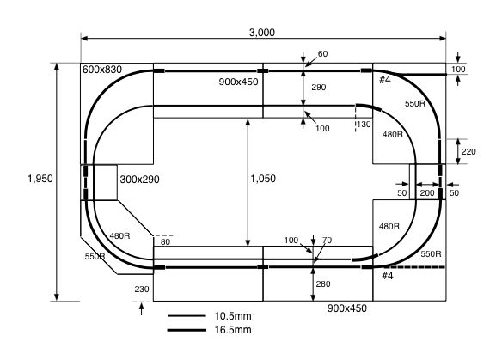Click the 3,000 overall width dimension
(262, 33)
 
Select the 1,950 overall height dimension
(40, 179)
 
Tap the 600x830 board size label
(102, 70)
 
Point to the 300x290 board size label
(139, 180)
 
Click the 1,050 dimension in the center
(263, 179)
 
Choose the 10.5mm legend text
(233, 316)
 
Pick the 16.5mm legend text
(233, 330)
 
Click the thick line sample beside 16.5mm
(187, 330)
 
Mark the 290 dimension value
(319, 88)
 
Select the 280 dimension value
(322, 284)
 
